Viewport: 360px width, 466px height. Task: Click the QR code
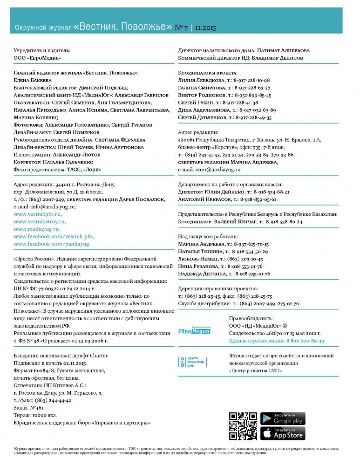click(x=243, y=426)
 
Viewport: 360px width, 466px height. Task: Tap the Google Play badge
click(x=283, y=418)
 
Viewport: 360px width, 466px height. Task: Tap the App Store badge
click(x=283, y=433)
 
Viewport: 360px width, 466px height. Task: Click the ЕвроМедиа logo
click(x=195, y=329)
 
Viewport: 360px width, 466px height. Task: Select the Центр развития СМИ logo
click(x=195, y=362)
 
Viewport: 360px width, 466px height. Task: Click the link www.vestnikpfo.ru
click(x=37, y=214)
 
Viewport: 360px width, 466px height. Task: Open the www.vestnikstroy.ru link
click(x=40, y=221)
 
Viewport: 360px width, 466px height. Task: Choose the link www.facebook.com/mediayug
click(x=51, y=244)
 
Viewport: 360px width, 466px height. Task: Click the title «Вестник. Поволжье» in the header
click(x=122, y=27)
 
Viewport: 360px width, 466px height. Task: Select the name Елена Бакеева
click(x=31, y=80)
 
